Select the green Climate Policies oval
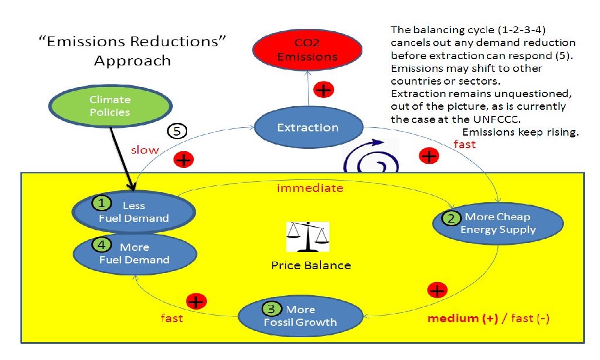(x=110, y=106)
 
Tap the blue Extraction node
(x=308, y=128)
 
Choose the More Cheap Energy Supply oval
(x=497, y=223)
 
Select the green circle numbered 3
(x=272, y=310)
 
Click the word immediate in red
(x=310, y=188)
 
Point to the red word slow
(x=145, y=149)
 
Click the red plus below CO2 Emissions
(x=324, y=90)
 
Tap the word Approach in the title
(x=132, y=61)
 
